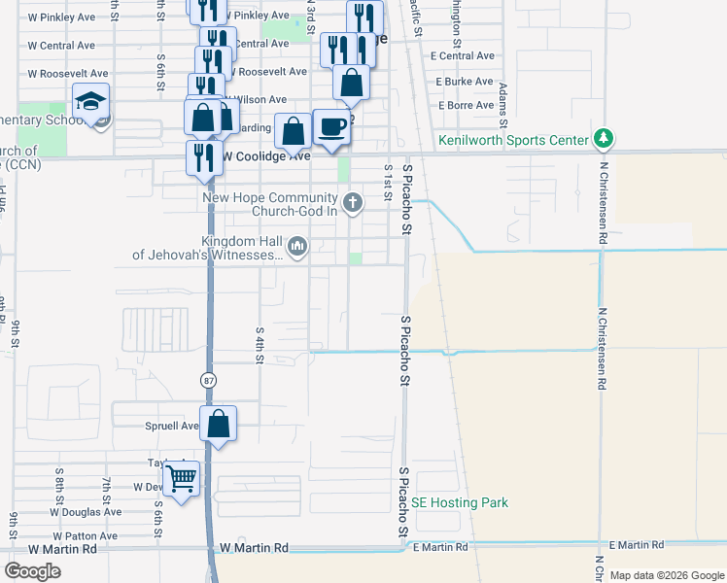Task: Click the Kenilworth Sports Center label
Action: (513, 140)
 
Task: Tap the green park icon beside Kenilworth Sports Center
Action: (605, 139)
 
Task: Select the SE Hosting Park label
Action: (460, 502)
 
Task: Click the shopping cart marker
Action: (182, 479)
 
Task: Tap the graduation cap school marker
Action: (90, 101)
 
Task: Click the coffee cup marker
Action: (331, 126)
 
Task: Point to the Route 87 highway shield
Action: (208, 379)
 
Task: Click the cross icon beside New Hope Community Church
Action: (353, 204)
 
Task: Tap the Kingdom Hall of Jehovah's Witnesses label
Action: (209, 249)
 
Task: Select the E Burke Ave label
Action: (465, 82)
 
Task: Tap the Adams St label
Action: (502, 104)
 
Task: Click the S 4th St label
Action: (260, 346)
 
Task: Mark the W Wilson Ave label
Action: (257, 99)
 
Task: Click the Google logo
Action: (32, 571)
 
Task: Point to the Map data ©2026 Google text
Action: (666, 575)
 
